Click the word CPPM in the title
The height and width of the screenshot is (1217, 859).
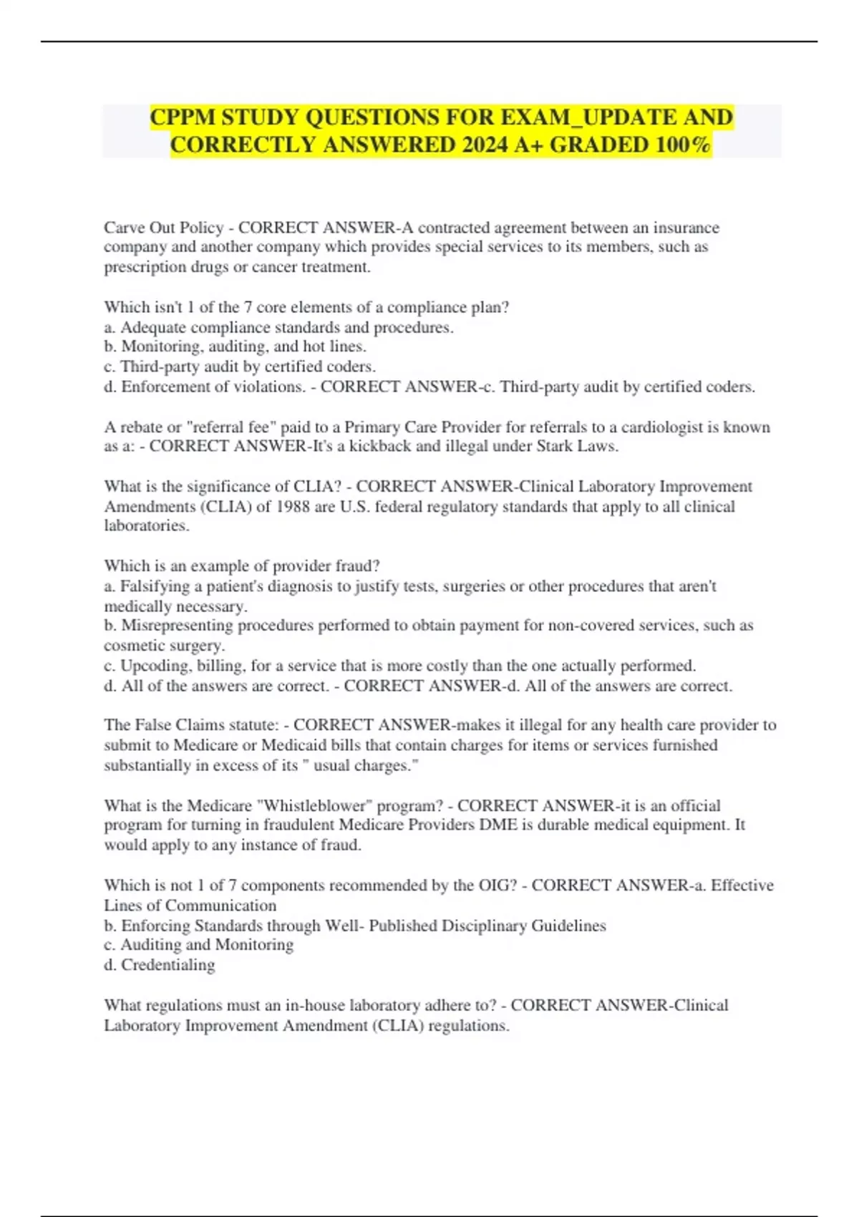182,117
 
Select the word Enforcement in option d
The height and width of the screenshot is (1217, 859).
167,387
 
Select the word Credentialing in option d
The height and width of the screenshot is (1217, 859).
168,965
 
